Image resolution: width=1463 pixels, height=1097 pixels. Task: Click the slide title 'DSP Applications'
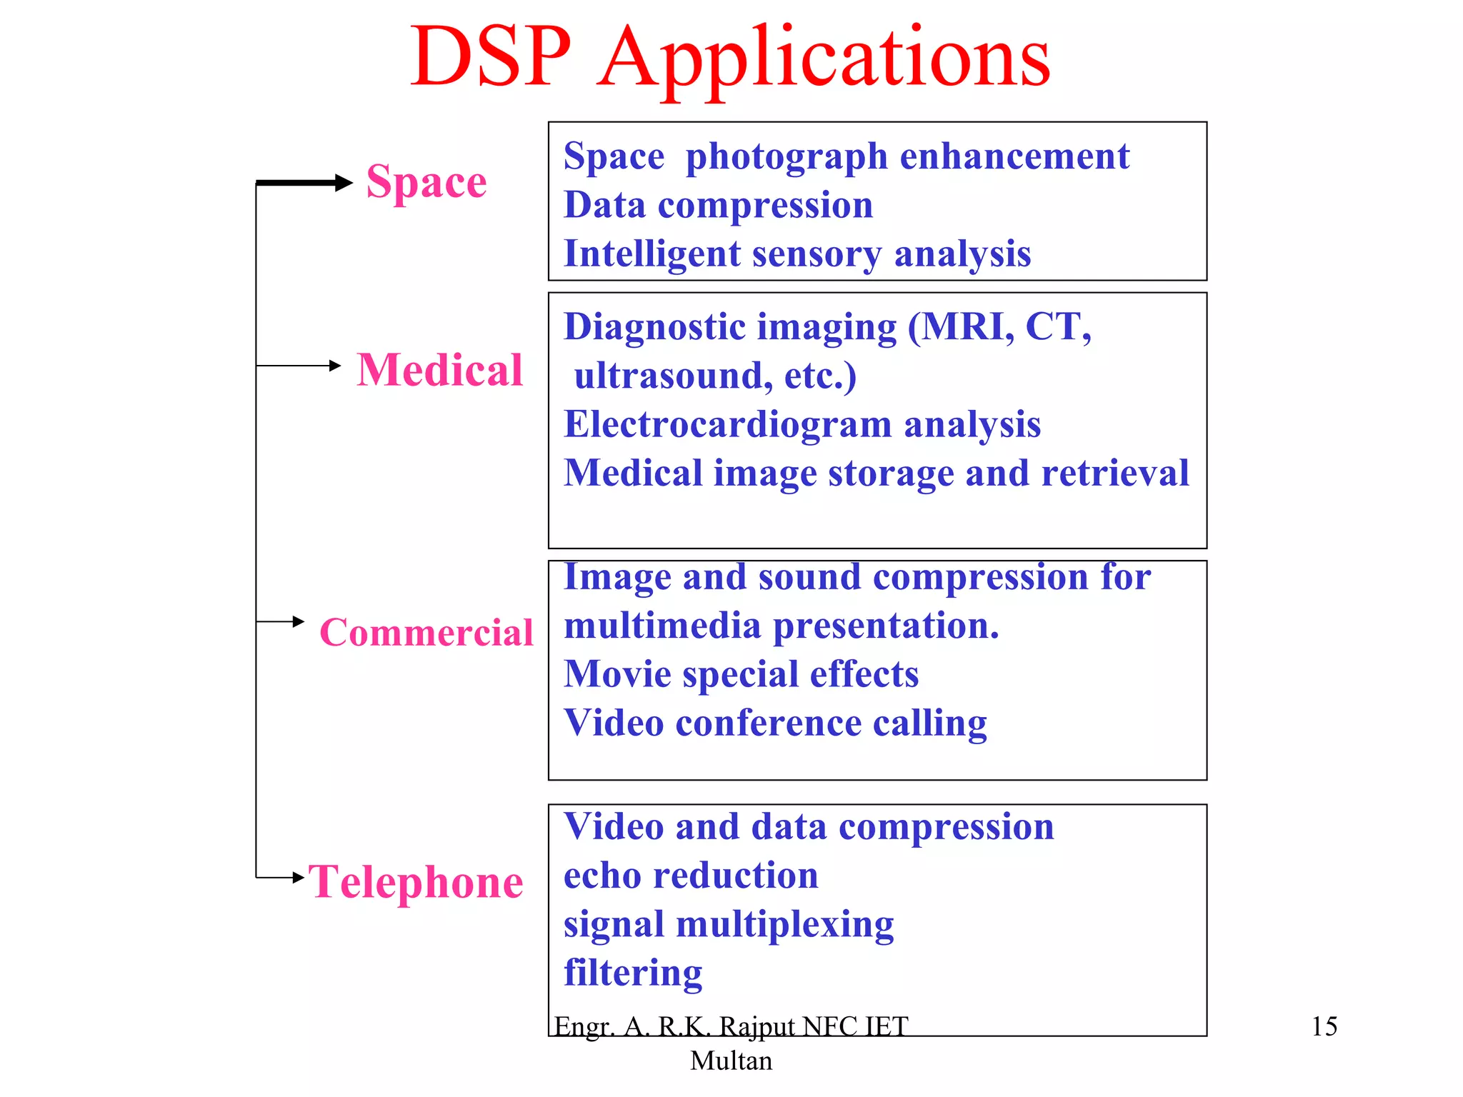[x=730, y=57]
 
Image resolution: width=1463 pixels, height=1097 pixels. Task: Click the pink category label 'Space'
[x=426, y=182]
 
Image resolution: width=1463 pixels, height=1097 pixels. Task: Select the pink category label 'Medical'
[x=440, y=370]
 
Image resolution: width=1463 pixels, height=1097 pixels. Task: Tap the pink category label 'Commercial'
[x=426, y=633]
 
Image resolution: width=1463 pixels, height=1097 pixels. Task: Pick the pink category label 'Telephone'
[x=416, y=882]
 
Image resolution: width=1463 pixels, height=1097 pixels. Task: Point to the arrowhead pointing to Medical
[x=335, y=366]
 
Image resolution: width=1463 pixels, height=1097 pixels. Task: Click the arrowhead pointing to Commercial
[x=299, y=621]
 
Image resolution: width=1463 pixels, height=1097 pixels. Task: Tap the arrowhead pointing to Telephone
[x=299, y=877]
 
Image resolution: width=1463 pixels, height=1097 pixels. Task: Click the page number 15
[x=1324, y=1026]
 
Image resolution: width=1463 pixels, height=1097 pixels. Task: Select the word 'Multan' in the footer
[x=731, y=1061]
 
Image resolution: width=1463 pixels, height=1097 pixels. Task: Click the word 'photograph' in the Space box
[x=787, y=157]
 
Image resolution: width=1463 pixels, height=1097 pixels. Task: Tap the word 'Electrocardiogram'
[x=727, y=424]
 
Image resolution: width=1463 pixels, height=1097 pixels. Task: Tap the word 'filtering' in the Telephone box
[x=633, y=973]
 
